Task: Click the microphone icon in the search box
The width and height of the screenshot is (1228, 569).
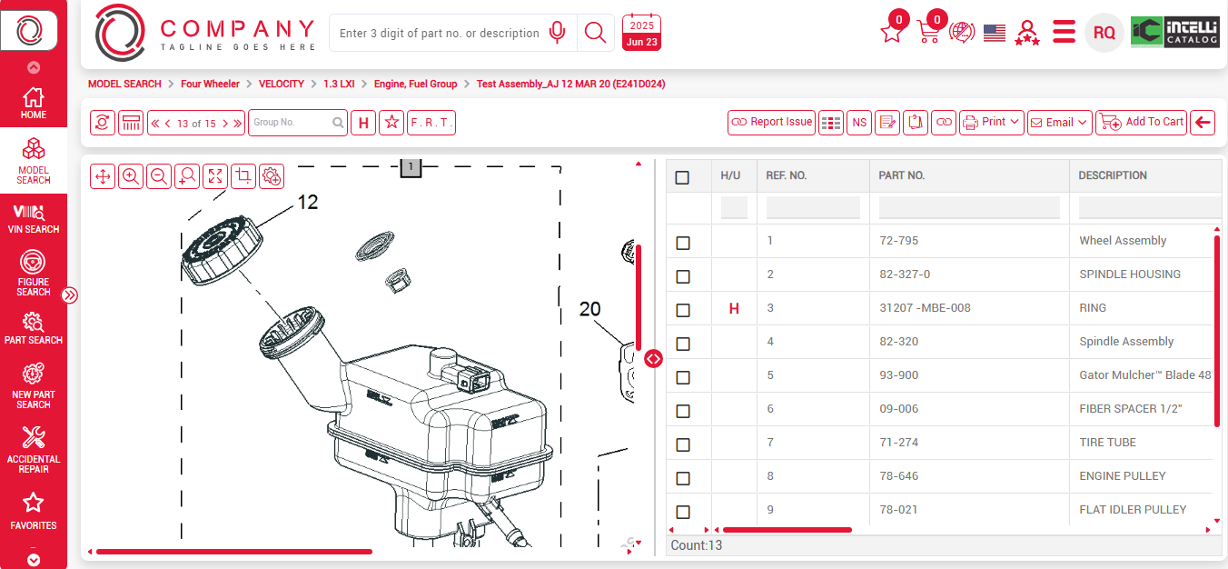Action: [x=558, y=33]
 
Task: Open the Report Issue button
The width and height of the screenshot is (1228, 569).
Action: [x=771, y=122]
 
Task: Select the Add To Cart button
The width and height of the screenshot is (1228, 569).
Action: [x=1142, y=122]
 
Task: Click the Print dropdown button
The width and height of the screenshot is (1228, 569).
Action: [x=992, y=122]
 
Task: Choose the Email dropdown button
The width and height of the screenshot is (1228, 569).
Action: [x=1059, y=122]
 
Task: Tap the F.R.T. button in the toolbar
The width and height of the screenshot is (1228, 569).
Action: [x=431, y=122]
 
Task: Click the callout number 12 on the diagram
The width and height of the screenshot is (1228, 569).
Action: [x=308, y=203]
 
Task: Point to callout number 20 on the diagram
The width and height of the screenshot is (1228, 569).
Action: [x=590, y=309]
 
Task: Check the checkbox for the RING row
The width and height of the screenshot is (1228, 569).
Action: [x=683, y=310]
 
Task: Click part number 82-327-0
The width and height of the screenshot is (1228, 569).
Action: [x=905, y=275]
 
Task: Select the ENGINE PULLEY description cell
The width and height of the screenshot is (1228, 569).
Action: [x=1123, y=476]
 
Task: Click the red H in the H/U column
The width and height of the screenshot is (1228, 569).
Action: [x=734, y=309]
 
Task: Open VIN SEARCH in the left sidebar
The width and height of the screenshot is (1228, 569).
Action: [x=34, y=219]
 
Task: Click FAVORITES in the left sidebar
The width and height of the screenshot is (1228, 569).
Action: [x=34, y=512]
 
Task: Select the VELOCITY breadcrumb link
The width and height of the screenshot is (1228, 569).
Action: [x=282, y=84]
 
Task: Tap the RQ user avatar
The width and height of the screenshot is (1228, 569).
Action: [x=1104, y=33]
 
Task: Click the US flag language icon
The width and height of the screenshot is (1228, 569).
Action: [x=995, y=33]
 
